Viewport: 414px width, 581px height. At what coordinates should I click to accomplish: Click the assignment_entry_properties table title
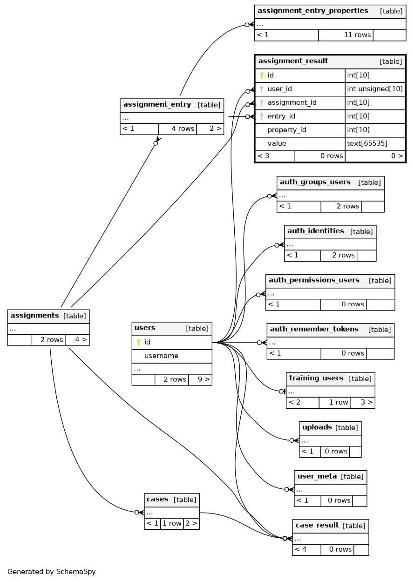pyautogui.click(x=312, y=11)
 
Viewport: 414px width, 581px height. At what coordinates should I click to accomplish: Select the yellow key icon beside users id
pyautogui.click(x=138, y=342)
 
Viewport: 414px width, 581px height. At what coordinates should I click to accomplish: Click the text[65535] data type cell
pyautogui.click(x=367, y=143)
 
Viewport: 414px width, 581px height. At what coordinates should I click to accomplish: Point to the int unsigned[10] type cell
pyautogui.click(x=375, y=89)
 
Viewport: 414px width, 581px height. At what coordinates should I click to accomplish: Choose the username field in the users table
pyautogui.click(x=161, y=356)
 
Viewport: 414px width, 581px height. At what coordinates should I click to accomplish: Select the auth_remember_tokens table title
pyautogui.click(x=314, y=329)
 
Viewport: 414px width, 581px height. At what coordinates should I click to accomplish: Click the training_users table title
pyautogui.click(x=316, y=378)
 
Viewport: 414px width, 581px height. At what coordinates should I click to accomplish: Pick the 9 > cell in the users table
pyautogui.click(x=204, y=379)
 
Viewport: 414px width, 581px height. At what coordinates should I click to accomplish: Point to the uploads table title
pyautogui.click(x=317, y=427)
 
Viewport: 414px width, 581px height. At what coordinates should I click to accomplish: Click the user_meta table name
pyautogui.click(x=317, y=476)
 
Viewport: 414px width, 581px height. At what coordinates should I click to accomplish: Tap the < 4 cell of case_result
pyautogui.click(x=301, y=549)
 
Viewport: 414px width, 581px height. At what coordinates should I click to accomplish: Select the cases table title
pyautogui.click(x=157, y=499)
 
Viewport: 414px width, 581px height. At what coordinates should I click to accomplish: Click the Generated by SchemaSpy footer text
pyautogui.click(x=51, y=572)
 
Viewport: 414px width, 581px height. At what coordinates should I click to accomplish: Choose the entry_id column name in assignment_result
pyautogui.click(x=281, y=116)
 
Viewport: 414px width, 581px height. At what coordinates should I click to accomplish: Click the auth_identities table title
pyautogui.click(x=315, y=231)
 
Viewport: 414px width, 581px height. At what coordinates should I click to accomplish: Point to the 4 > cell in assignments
pyautogui.click(x=81, y=339)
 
